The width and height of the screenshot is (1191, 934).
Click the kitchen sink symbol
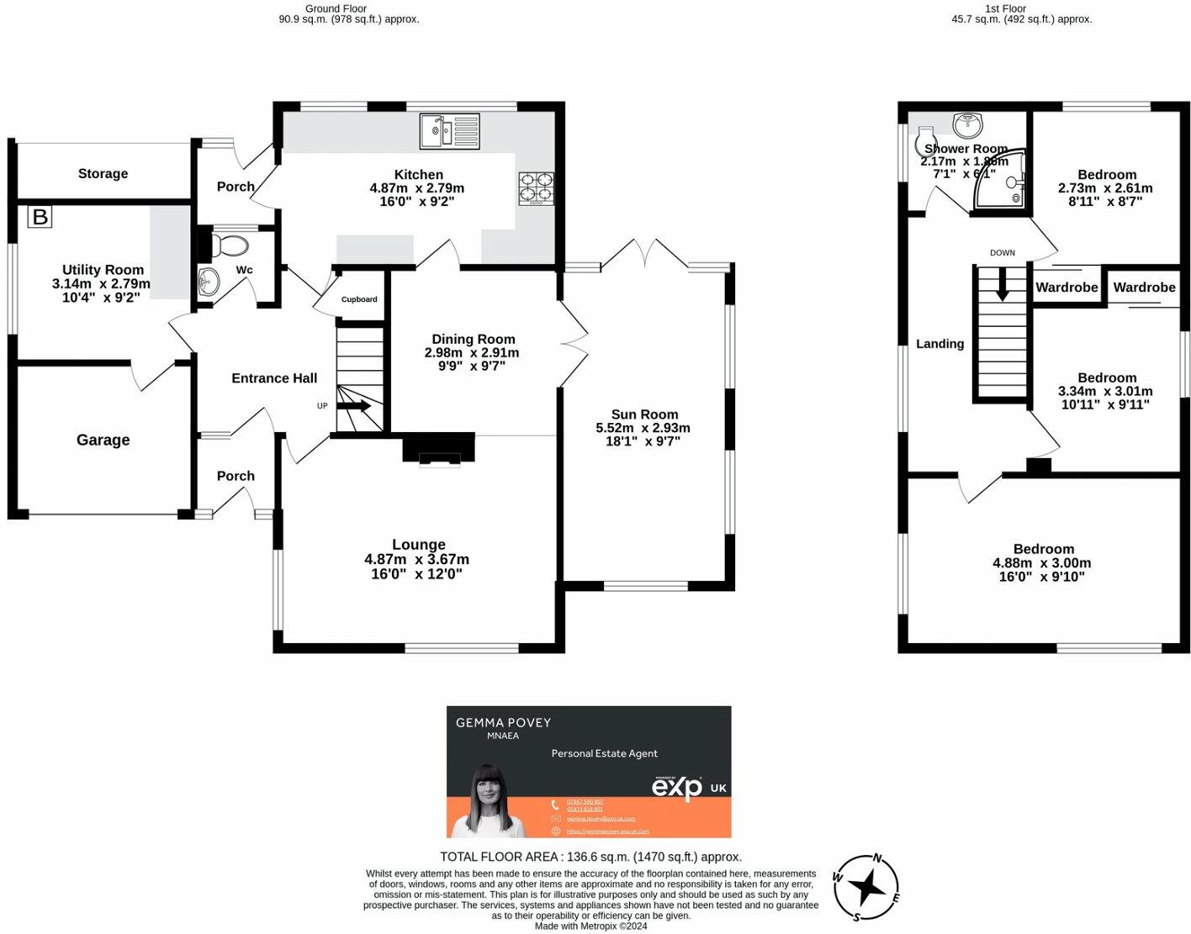point(449,130)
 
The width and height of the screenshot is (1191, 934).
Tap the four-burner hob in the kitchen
point(536,188)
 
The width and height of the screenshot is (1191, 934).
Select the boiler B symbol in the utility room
point(40,217)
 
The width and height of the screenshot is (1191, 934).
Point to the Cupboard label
point(359,299)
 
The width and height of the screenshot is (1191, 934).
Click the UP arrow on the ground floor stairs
point(354,406)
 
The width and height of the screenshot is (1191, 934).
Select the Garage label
point(103,440)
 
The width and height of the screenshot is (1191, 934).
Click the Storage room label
point(103,173)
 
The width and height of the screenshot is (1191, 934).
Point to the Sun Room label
point(644,414)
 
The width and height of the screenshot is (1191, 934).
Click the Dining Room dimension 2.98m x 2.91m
point(472,353)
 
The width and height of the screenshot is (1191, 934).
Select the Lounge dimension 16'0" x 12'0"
point(417,574)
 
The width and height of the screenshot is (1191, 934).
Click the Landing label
point(940,343)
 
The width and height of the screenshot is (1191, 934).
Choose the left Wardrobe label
point(1067,288)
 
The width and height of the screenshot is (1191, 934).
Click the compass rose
point(865,888)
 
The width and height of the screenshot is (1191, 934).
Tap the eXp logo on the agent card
point(677,787)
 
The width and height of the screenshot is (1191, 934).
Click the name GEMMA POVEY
point(503,722)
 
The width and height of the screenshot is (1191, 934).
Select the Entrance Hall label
point(274,378)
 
